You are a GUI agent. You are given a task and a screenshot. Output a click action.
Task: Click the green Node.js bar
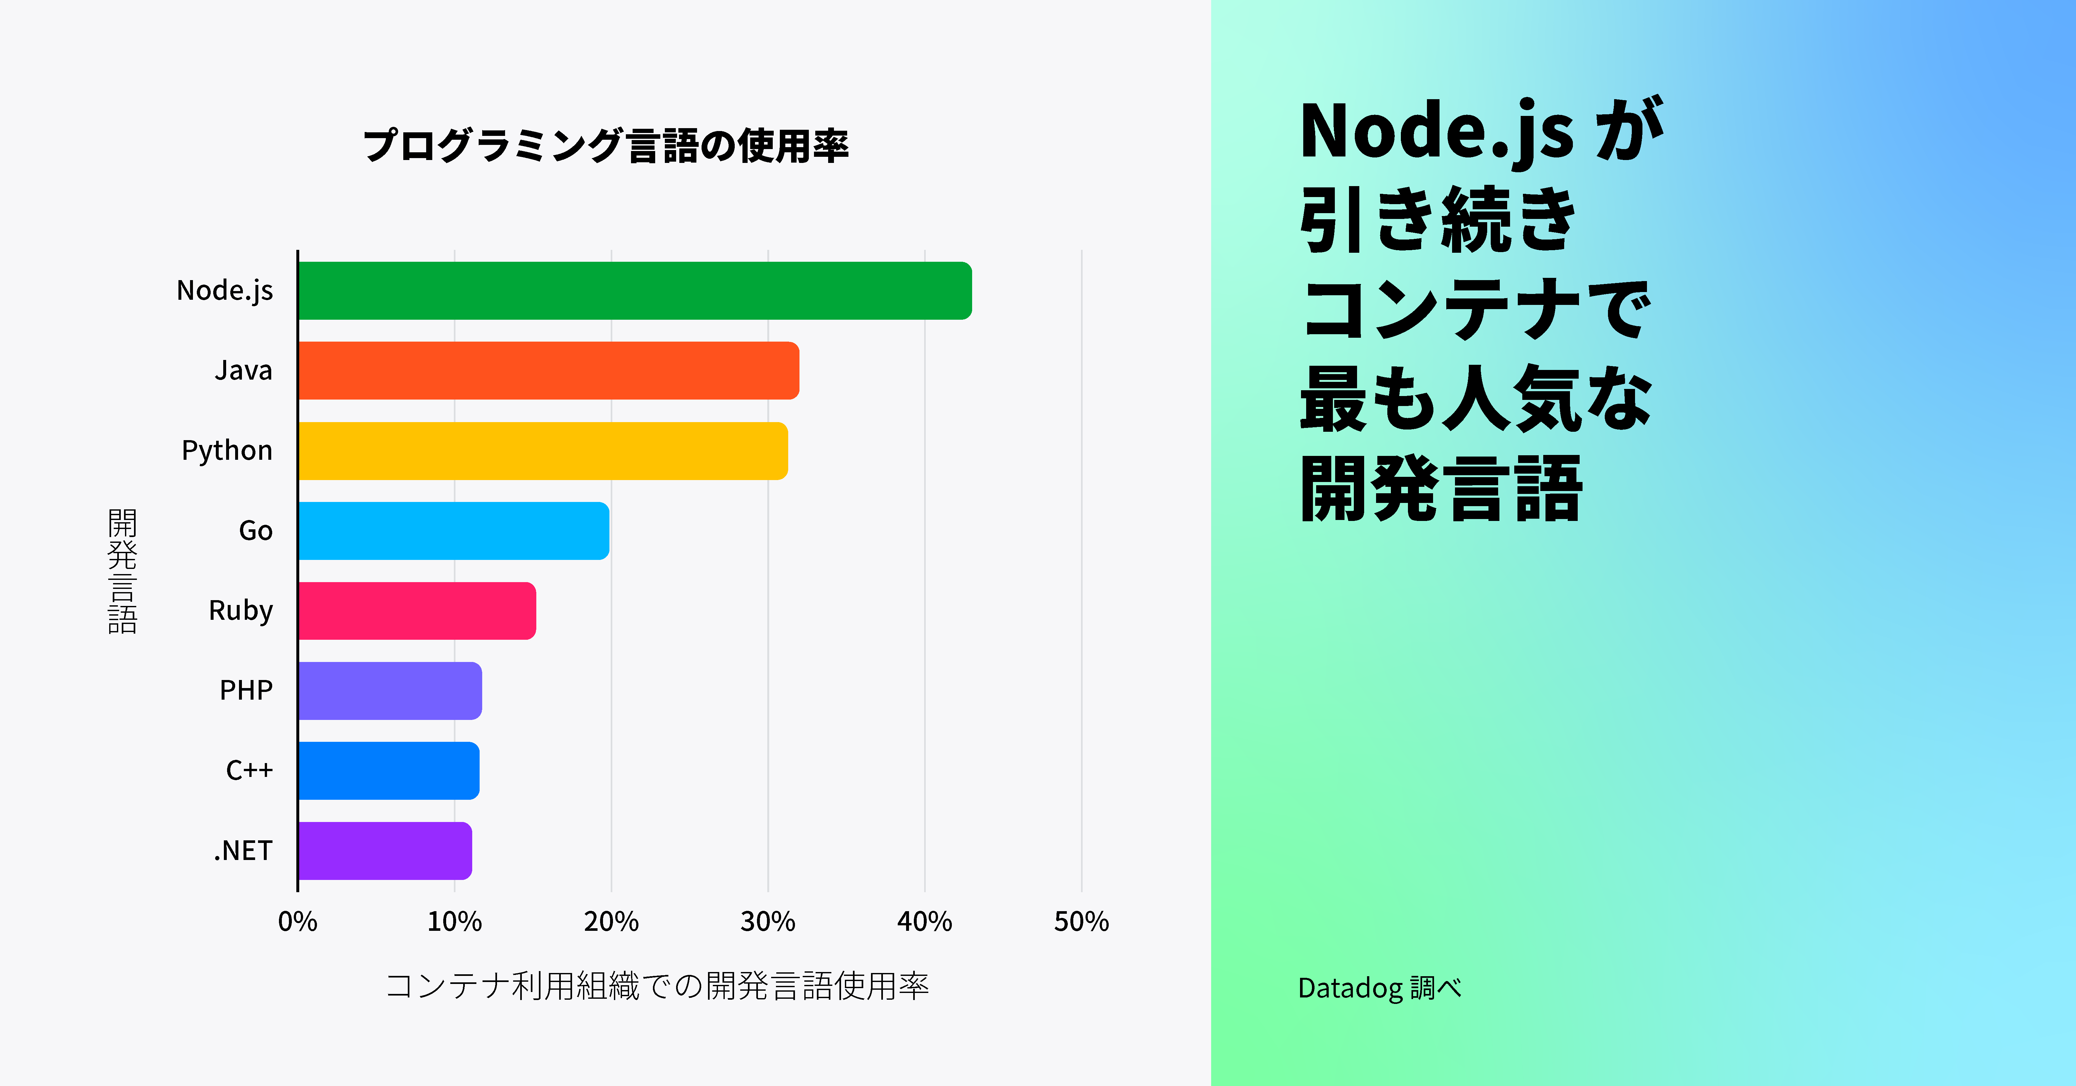[634, 291]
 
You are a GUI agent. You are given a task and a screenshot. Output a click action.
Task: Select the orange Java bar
[548, 371]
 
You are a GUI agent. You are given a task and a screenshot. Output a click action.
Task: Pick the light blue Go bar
[453, 531]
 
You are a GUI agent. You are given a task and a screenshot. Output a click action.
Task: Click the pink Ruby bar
[417, 611]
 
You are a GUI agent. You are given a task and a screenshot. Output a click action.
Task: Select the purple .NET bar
[384, 851]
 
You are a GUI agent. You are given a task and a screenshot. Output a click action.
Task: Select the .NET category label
[243, 851]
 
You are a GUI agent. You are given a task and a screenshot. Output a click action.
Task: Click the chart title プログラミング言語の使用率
[606, 146]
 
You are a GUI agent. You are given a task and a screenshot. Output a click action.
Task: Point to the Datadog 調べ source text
[1379, 988]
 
